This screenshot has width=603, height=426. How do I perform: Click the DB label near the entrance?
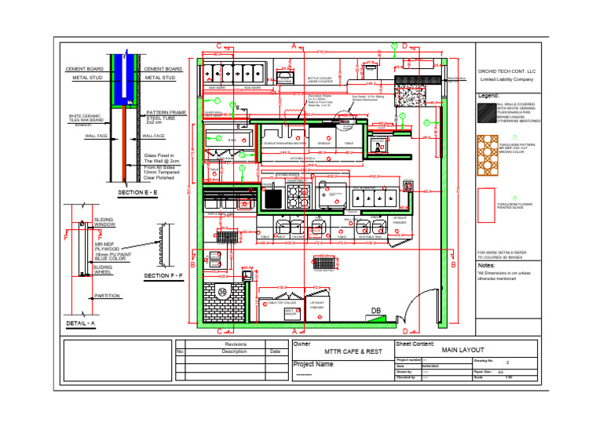376,311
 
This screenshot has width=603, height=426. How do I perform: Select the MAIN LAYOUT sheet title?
463,350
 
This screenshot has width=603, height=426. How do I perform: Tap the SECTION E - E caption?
137,192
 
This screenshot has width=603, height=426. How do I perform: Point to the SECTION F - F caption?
163,277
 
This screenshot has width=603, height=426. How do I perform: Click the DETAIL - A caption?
81,323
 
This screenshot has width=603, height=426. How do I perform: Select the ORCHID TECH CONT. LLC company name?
506,71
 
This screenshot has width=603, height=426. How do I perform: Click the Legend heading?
489,96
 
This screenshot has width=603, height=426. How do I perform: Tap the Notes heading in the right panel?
486,265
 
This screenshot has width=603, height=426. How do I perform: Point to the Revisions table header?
236,344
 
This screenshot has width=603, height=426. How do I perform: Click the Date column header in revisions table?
274,351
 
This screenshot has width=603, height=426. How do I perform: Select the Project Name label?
313,365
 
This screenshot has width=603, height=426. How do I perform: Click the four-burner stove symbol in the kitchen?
298,197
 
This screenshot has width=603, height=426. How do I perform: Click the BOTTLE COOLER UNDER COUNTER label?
320,80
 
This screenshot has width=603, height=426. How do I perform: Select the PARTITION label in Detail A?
106,296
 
